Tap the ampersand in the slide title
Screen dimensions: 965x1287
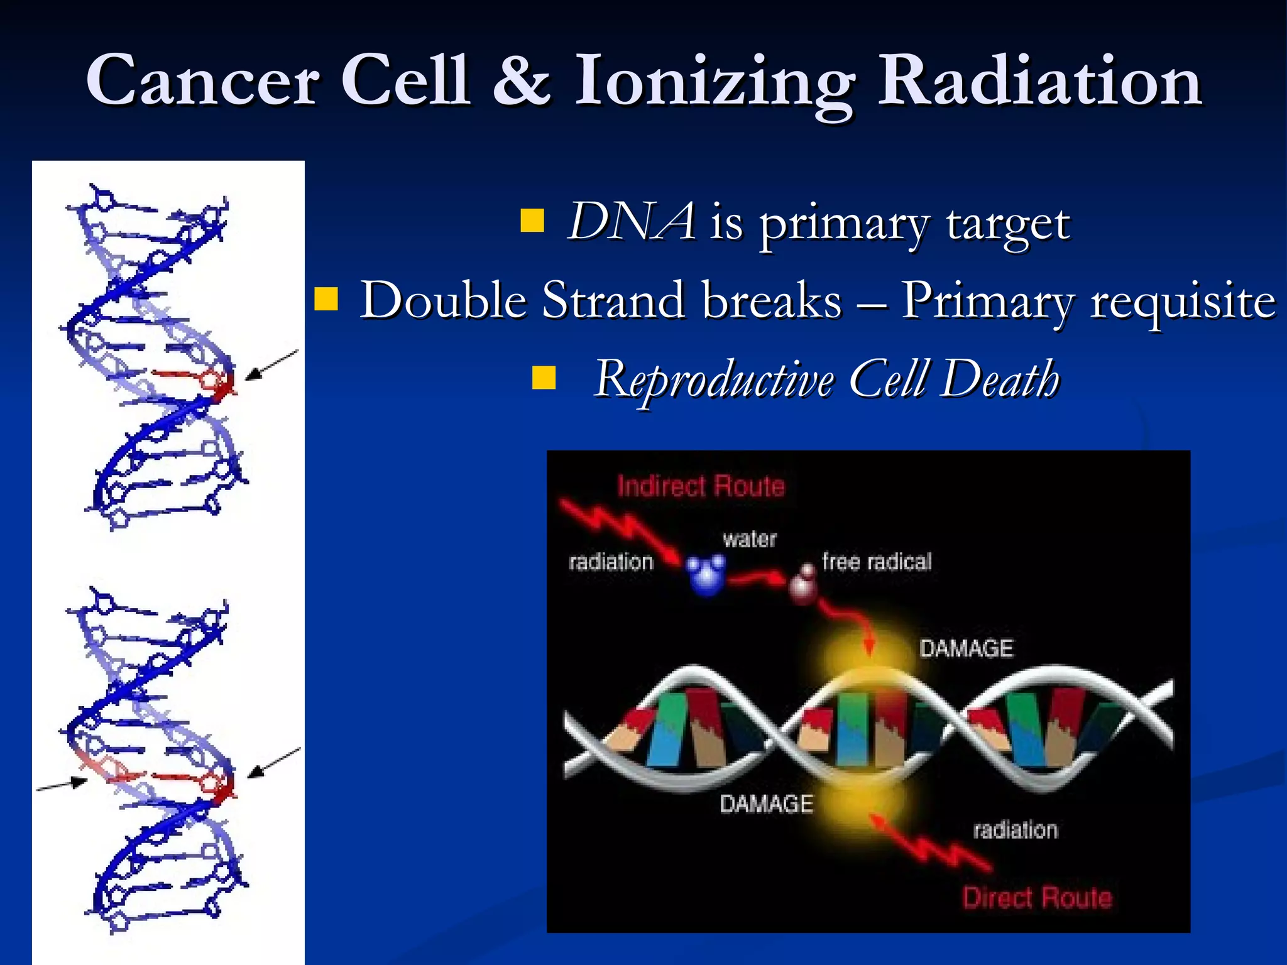pyautogui.click(x=521, y=80)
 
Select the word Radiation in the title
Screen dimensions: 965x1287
pyautogui.click(x=1039, y=80)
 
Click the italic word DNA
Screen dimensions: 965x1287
pyautogui.click(x=631, y=221)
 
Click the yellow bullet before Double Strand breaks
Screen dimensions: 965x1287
pyautogui.click(x=326, y=300)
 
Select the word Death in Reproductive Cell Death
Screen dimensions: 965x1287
pyautogui.click(x=1000, y=379)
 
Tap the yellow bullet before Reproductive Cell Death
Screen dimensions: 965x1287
pyautogui.click(x=544, y=379)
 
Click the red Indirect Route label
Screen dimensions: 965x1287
pyautogui.click(x=701, y=486)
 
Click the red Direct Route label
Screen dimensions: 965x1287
pyautogui.click(x=1038, y=898)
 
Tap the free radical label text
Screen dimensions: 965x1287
pyautogui.click(x=877, y=562)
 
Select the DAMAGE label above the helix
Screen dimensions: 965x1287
pyautogui.click(x=966, y=648)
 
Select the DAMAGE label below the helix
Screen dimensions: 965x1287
pyautogui.click(x=766, y=804)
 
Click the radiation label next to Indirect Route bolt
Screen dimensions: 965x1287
pyautogui.click(x=611, y=562)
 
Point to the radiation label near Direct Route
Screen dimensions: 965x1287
pyautogui.click(x=1015, y=830)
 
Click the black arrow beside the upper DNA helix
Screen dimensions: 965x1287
pyautogui.click(x=271, y=365)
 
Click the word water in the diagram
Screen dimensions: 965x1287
pyautogui.click(x=750, y=539)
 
